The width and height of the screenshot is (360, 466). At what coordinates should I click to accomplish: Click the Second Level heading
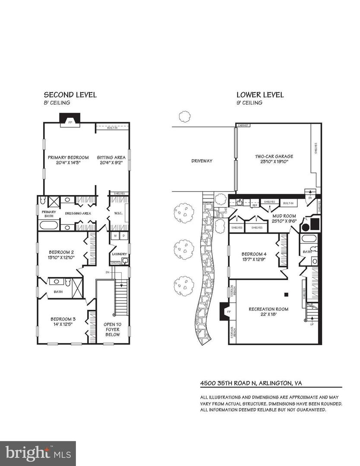click(70, 95)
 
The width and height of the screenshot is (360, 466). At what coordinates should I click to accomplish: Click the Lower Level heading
click(260, 95)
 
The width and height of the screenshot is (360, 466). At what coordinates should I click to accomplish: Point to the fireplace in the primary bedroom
click(69, 120)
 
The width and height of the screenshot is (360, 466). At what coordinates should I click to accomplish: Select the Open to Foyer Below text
click(112, 329)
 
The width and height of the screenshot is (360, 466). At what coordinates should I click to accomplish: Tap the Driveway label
click(202, 161)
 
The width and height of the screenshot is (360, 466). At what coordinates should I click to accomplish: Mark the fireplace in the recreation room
click(225, 312)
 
